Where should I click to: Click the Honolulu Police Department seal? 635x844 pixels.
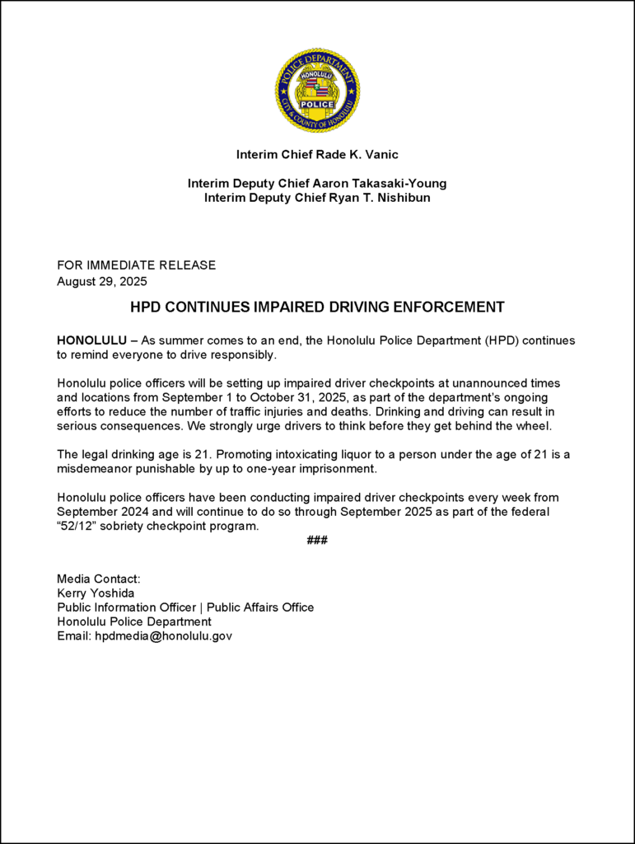point(317,91)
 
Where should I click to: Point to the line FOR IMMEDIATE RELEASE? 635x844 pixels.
point(136,265)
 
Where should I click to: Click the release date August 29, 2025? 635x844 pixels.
point(101,281)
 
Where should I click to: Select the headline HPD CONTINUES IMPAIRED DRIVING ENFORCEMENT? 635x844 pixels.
point(317,307)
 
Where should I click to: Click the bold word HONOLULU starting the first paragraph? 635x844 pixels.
point(91,340)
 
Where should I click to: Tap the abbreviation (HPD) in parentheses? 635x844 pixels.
point(501,340)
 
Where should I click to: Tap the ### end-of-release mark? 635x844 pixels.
point(317,541)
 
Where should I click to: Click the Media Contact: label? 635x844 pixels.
point(99,579)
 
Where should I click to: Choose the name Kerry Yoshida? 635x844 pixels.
point(96,593)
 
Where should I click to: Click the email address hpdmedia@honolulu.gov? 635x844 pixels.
point(163,635)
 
